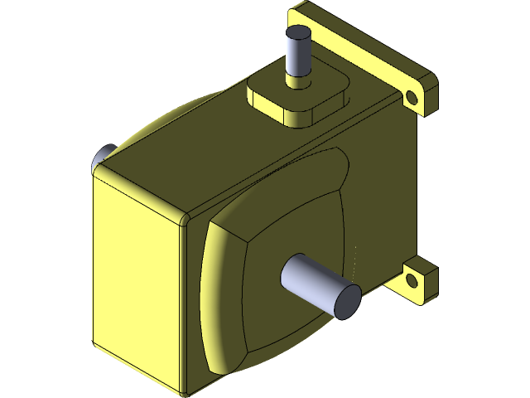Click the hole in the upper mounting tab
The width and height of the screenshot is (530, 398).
412,99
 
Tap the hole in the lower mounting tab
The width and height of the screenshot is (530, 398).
411,281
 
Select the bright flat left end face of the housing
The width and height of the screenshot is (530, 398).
137,282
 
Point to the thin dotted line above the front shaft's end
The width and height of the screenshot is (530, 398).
355,261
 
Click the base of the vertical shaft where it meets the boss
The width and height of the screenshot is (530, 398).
297,81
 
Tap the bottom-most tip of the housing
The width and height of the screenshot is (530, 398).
184,391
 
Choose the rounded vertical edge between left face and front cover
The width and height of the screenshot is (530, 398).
184,307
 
